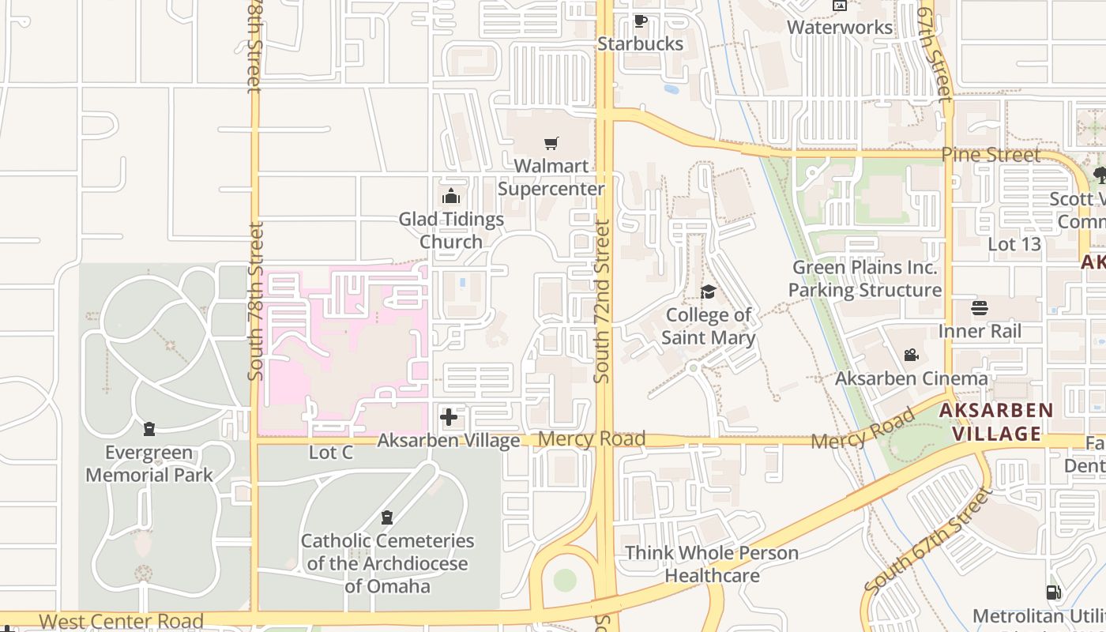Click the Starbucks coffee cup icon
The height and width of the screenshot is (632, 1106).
coord(640,21)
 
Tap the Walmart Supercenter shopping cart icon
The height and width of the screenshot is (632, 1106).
coord(551,144)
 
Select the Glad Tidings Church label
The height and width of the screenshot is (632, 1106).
coord(451,230)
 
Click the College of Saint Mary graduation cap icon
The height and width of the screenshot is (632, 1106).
coord(708,292)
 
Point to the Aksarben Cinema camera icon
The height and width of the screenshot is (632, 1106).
coord(911,355)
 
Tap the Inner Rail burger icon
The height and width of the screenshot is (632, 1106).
coord(980,307)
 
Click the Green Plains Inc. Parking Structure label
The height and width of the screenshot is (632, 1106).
coord(865,279)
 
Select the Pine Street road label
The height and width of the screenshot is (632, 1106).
coord(991,155)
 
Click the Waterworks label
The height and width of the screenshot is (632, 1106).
coord(840,28)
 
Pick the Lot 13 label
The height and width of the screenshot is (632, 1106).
coord(1014,244)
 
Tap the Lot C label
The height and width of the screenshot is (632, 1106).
coord(331,453)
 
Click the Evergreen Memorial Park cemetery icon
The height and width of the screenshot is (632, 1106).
coord(149,430)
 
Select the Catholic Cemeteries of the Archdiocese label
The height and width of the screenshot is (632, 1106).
coord(387,563)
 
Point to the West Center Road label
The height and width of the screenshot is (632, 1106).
coord(121,621)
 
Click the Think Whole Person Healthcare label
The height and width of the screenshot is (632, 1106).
coord(712,563)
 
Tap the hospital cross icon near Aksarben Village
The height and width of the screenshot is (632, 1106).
coord(449,417)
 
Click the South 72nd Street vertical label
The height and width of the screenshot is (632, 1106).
coord(602,301)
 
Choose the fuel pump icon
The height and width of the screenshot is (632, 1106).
coord(1053,592)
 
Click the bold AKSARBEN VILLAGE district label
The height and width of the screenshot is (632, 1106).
coord(995,422)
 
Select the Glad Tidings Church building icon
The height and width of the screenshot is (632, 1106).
coord(451,196)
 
